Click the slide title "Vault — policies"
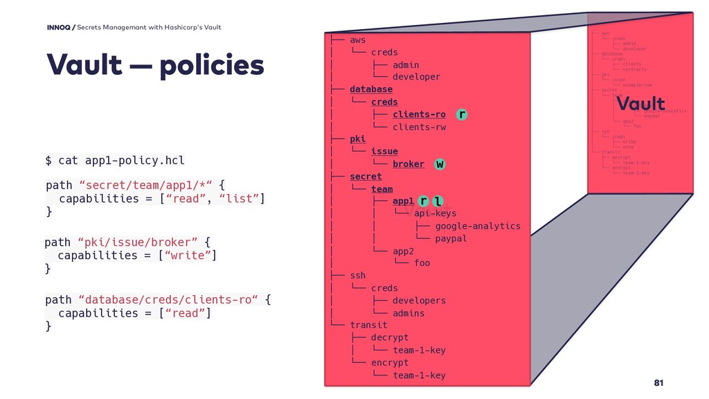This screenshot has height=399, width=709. (155, 66)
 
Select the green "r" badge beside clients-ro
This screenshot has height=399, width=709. (462, 114)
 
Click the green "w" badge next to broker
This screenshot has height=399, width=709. (440, 164)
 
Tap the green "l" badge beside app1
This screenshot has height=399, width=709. (438, 201)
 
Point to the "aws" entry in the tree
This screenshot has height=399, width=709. (357, 40)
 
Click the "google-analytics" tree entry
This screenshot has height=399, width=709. (478, 226)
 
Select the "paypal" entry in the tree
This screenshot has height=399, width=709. (451, 238)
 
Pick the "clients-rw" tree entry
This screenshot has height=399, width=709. (419, 127)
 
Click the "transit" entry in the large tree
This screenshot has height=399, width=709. (368, 325)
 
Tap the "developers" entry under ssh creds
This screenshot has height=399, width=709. (419, 300)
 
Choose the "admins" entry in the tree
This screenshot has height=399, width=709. (409, 313)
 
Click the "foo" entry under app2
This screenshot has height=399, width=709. (422, 263)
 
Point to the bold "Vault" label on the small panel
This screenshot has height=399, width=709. (640, 104)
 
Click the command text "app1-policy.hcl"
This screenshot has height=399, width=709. (134, 161)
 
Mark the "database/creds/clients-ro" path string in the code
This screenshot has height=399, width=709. (169, 300)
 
